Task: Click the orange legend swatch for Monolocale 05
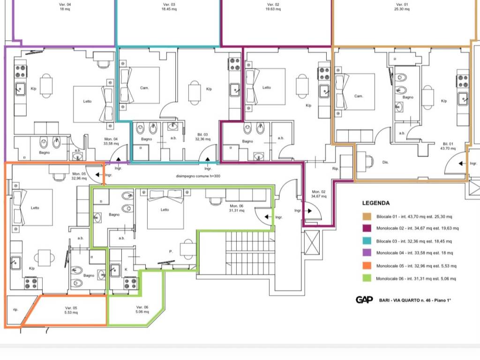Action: pos(367,266)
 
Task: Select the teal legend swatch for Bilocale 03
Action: pos(367,240)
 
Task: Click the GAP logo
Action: pos(364,300)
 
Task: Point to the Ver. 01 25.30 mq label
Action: pos(402,7)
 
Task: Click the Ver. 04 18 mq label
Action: pos(65,7)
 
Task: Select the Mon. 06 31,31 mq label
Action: pos(237,208)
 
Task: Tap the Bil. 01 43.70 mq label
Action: pos(448,146)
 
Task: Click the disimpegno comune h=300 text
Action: pos(198,176)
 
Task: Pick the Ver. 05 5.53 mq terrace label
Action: pos(71,310)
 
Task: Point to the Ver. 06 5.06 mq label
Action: pos(142,309)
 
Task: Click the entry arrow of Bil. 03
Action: pos(208,159)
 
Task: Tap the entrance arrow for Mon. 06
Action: pos(269,217)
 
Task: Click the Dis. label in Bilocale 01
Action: pos(385,162)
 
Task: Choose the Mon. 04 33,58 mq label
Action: pos(111,141)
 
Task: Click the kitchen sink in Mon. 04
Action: pos(20,89)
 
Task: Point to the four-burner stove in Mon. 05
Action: pos(31,284)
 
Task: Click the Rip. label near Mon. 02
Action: pos(335,168)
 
